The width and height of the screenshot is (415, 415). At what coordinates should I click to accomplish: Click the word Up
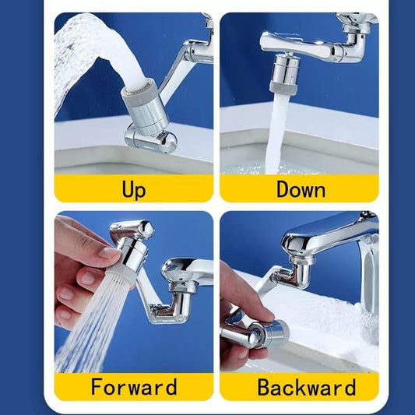(x=134, y=189)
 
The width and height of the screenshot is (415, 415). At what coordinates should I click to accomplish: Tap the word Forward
(x=133, y=387)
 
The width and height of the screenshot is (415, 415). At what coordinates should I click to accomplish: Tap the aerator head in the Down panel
(x=282, y=74)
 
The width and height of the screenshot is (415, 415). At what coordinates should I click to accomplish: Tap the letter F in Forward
(x=97, y=387)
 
